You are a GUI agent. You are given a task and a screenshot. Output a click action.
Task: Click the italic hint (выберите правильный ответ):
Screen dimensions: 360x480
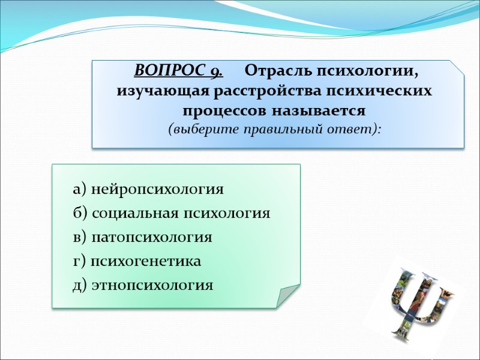click(275, 130)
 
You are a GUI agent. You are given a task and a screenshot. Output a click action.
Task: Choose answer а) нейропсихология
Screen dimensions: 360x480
click(148, 190)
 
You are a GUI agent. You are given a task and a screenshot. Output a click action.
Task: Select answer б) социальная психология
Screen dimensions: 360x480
click(172, 214)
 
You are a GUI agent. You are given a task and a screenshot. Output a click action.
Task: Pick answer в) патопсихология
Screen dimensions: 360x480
click(142, 238)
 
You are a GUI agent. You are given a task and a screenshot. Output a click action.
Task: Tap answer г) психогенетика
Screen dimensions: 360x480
click(137, 262)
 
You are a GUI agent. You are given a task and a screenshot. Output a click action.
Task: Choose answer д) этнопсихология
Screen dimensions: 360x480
click(143, 285)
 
